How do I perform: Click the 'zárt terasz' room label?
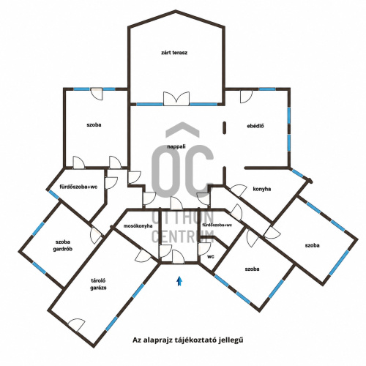174,53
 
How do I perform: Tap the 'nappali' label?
176,146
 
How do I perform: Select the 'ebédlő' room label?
255,126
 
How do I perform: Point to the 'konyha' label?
262,189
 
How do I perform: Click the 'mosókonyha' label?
138,226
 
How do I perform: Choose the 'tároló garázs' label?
98,284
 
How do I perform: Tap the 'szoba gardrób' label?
63,245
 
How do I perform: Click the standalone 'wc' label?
211,257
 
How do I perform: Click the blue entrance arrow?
179,281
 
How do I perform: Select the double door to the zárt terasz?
176,99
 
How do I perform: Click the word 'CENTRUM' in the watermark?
183,236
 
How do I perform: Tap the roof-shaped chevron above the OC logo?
182,130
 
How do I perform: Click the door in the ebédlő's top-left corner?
246,97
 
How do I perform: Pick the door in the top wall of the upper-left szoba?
97,94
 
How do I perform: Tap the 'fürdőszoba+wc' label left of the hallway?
78,187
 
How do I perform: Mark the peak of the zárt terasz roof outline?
176,11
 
